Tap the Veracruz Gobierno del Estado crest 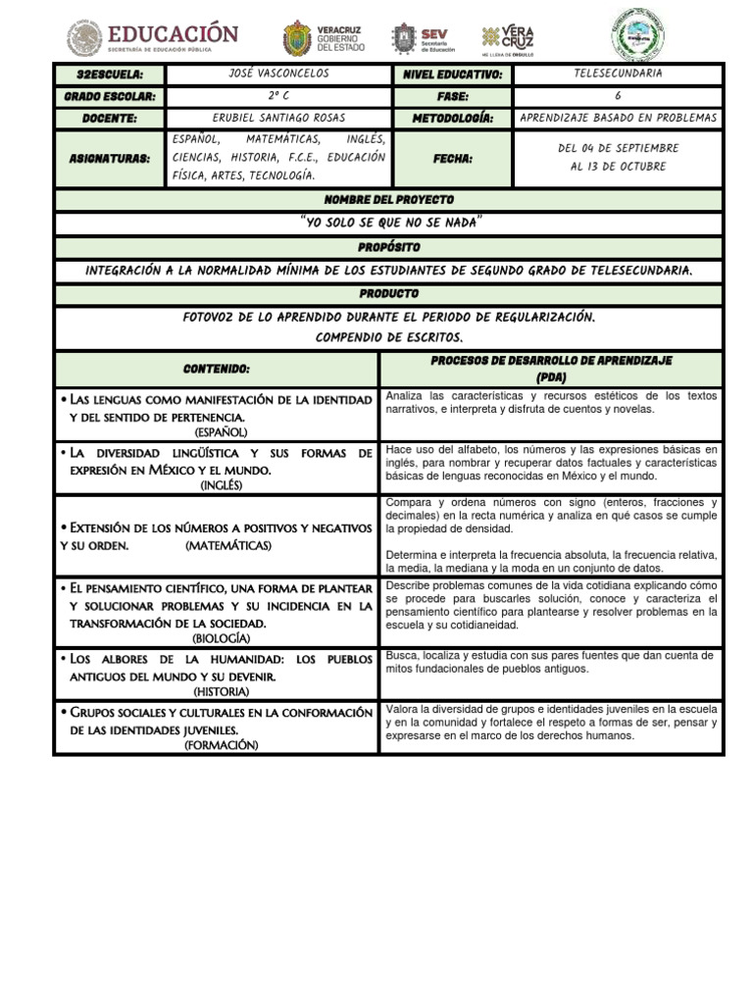[x=298, y=38]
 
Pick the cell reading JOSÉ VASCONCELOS [x=277, y=75]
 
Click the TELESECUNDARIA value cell [x=618, y=75]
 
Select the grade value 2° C [x=277, y=97]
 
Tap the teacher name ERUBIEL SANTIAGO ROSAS [x=277, y=119]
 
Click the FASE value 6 [x=618, y=97]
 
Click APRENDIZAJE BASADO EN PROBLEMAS [x=618, y=119]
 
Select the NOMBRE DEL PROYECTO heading [x=389, y=200]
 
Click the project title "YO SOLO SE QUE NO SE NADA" [x=389, y=223]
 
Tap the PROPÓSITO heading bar [x=389, y=247]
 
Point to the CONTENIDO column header [x=217, y=370]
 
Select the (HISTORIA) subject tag [x=221, y=691]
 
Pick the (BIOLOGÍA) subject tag [x=221, y=637]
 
